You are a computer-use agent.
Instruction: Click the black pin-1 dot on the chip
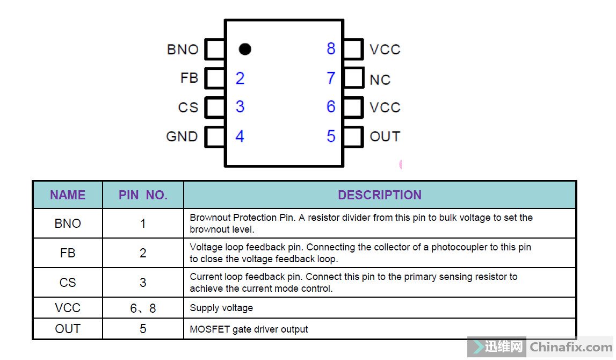click(x=245, y=49)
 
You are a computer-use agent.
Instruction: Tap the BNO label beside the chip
click(x=183, y=49)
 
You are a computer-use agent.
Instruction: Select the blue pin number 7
click(x=331, y=78)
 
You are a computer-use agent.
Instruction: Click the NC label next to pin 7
click(x=380, y=80)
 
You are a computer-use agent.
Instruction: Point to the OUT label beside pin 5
click(x=385, y=136)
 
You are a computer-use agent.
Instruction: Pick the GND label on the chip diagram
click(x=182, y=136)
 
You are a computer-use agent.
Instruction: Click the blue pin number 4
click(x=240, y=136)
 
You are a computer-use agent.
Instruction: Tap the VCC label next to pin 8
click(x=385, y=49)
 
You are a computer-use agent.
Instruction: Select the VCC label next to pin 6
click(x=385, y=107)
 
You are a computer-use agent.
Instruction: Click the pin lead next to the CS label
click(x=215, y=107)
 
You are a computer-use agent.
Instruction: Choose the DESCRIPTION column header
click(x=380, y=195)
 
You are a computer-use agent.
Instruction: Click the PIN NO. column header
click(x=143, y=195)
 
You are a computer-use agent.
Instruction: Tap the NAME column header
click(x=68, y=195)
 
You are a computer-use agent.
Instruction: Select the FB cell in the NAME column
click(x=68, y=253)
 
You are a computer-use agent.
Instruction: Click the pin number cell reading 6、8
click(x=143, y=308)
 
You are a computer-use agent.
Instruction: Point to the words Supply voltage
click(x=221, y=308)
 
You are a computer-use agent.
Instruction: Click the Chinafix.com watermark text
click(x=571, y=347)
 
